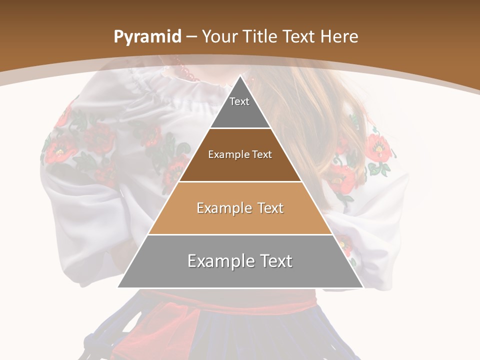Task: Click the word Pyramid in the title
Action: [147, 37]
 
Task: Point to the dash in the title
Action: [191, 37]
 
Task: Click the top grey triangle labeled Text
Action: [240, 107]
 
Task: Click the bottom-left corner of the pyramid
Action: [118, 287]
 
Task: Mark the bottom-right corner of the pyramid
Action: [362, 287]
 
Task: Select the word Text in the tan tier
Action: [267, 208]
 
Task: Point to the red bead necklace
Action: [187, 72]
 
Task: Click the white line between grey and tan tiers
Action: [240, 234]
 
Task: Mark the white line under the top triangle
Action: [240, 128]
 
